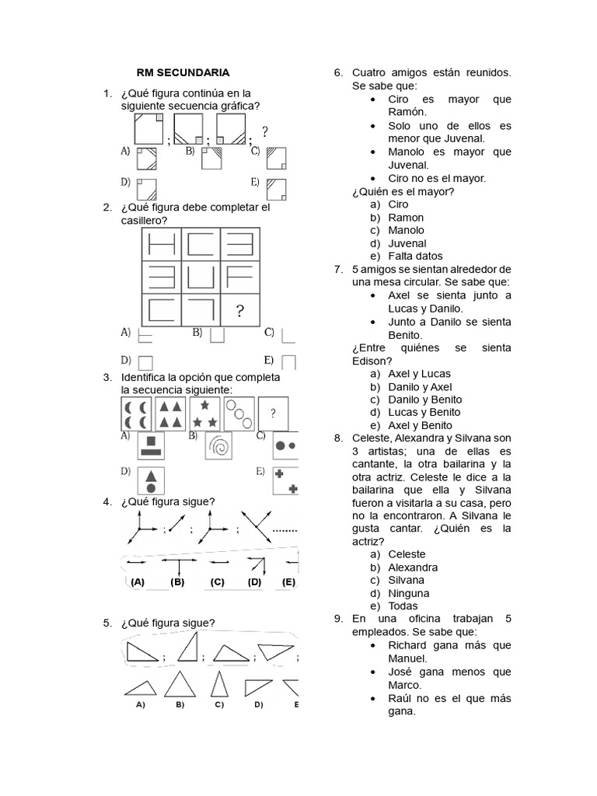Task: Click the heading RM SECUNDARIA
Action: [183, 72]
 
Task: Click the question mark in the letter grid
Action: [240, 312]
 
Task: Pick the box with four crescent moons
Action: [137, 414]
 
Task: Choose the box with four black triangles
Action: [171, 414]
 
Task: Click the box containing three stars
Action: [204, 414]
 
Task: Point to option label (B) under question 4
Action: [177, 582]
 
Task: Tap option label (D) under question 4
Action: [254, 582]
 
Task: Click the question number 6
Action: [338, 73]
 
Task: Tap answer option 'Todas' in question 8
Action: [403, 606]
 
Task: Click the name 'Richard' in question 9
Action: [407, 644]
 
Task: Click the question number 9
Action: [338, 619]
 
